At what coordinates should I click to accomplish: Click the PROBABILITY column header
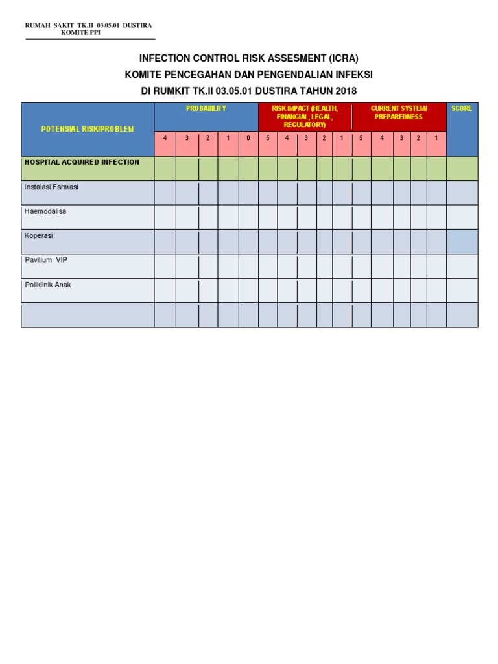point(206,108)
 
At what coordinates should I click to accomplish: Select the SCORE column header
point(462,108)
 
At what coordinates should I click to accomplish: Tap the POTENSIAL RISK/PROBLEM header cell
point(88,129)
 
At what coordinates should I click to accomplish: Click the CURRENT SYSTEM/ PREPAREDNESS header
point(399,113)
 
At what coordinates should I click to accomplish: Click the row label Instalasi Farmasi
point(51,187)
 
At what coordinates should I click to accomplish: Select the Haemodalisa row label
point(45,211)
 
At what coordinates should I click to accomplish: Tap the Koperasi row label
point(38,236)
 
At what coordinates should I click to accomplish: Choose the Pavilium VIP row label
point(46,260)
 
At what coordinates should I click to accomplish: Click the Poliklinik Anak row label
point(48,285)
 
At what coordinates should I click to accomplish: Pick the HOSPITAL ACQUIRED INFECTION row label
point(82,162)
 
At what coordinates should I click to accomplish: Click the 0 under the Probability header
point(248,138)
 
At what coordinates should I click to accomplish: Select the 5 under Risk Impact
point(268,138)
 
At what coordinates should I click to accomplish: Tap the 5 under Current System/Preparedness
point(361,138)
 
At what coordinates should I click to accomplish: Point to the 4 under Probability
point(165,138)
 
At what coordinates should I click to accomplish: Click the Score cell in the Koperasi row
point(462,241)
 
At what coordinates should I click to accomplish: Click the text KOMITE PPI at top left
point(81,32)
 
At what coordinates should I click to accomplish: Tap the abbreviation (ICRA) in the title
point(338,58)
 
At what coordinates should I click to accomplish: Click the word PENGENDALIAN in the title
point(290,75)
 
